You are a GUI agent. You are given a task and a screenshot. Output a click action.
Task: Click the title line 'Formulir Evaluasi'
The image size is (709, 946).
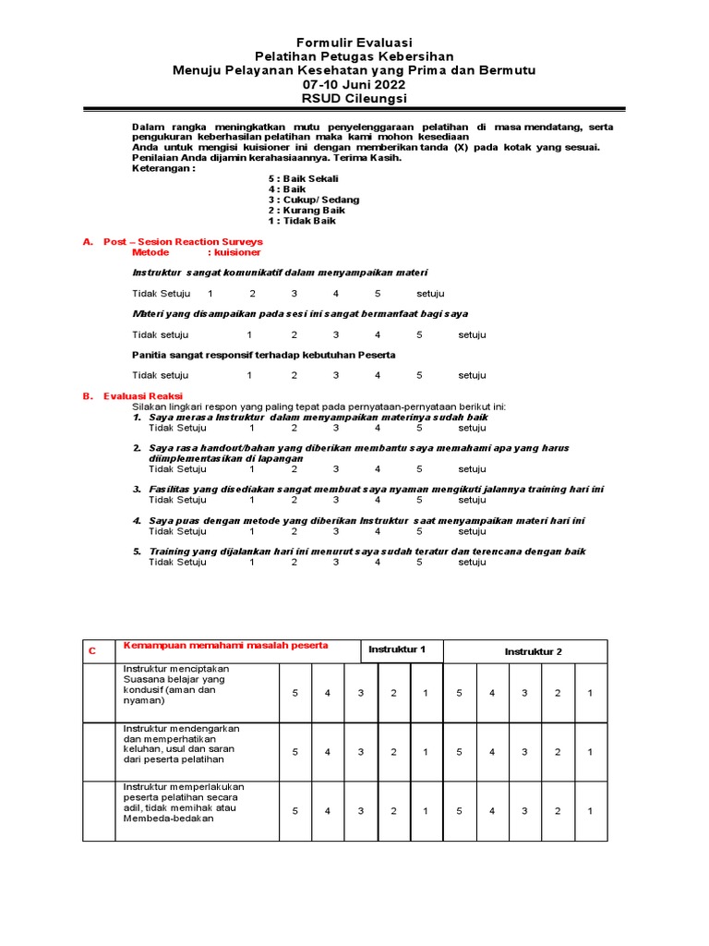[x=354, y=42]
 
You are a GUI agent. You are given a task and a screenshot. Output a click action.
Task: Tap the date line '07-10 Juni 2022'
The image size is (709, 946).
[x=354, y=84]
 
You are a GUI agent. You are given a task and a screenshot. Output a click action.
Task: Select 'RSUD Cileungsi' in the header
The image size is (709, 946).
[x=354, y=98]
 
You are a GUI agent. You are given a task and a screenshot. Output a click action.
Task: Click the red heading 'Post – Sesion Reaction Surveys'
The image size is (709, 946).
[x=183, y=241]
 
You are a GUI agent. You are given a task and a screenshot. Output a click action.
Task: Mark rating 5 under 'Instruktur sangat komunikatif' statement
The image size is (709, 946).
[x=378, y=294]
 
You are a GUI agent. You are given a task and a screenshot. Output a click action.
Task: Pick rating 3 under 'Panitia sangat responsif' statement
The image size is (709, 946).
[x=337, y=375]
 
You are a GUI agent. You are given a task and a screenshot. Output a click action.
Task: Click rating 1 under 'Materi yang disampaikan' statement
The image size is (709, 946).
[x=249, y=334]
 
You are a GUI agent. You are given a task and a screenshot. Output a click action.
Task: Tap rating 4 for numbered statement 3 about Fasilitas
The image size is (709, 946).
[x=378, y=500]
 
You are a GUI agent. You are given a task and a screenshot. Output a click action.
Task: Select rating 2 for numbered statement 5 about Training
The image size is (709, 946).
[x=294, y=562]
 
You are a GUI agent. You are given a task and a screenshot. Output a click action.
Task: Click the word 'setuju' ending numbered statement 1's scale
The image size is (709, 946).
[x=472, y=428]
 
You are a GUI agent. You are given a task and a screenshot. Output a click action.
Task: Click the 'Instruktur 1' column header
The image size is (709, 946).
[x=397, y=650]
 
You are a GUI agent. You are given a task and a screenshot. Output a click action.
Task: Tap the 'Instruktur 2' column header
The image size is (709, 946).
[x=533, y=651]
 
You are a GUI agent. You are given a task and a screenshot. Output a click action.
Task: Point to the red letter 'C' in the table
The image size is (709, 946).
[x=92, y=651]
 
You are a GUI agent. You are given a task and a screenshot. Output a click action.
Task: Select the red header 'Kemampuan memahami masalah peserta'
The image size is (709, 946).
[x=225, y=645]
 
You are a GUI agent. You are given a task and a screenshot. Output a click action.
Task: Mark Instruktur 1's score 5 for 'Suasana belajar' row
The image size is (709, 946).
[x=295, y=693]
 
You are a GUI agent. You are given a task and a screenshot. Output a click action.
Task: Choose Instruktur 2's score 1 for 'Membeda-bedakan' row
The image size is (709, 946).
[x=591, y=810]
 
